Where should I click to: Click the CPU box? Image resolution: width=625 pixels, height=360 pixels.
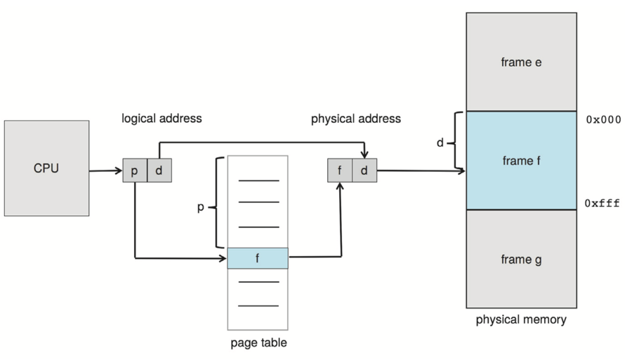coord(46,168)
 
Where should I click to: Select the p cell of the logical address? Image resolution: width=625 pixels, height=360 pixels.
coord(134,171)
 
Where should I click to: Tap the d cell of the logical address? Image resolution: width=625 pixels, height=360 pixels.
coord(159,171)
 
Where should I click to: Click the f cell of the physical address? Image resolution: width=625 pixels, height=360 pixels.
coord(340,171)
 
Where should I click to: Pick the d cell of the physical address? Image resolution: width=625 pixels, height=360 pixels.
coord(364,171)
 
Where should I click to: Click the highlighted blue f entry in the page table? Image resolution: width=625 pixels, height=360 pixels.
coord(258,258)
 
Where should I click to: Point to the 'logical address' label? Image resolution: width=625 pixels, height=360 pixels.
coord(162,119)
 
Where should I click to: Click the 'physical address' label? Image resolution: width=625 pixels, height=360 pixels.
coord(356,119)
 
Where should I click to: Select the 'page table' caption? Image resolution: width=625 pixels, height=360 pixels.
coord(258,343)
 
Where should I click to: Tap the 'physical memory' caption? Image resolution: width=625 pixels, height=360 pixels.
coord(521,320)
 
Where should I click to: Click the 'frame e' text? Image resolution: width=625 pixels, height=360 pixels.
coord(521,62)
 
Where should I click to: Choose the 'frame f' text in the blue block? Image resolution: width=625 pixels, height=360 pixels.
coord(521,161)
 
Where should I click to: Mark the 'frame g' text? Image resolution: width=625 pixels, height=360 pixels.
coord(521,260)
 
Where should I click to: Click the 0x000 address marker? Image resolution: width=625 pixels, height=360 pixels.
coord(603,120)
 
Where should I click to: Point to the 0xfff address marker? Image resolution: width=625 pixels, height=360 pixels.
coord(603,204)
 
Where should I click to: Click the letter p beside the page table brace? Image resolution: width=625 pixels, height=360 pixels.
coord(200,208)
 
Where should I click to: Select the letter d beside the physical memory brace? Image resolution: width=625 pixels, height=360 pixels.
coord(440,143)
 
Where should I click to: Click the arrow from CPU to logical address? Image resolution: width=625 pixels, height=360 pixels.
coord(105,171)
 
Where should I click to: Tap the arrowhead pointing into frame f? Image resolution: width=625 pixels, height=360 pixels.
coord(461,171)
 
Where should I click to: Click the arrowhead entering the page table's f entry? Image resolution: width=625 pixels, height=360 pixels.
coord(223,258)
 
